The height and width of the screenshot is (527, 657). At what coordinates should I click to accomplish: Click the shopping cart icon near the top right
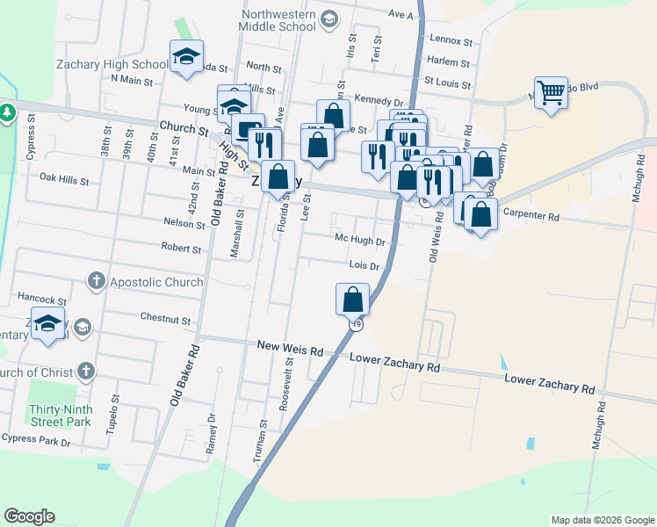551,91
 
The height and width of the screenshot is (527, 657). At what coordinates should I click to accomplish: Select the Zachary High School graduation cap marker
186,57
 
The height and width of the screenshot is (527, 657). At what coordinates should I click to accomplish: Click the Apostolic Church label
156,282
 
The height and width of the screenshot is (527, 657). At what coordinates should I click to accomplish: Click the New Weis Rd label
290,348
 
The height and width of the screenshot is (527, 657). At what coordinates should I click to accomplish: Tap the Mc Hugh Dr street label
360,240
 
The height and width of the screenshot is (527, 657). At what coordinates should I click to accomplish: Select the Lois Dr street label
364,265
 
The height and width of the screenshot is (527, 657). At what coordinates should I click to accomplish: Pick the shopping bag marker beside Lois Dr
352,299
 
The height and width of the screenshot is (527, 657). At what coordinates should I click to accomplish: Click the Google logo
29,516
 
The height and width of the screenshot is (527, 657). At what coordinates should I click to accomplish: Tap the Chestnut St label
166,315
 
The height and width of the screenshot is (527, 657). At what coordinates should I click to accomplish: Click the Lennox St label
451,40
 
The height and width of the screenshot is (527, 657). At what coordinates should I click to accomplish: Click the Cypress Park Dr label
35,439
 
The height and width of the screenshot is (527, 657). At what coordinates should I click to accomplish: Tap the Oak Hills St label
65,179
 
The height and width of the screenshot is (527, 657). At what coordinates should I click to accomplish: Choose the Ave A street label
400,15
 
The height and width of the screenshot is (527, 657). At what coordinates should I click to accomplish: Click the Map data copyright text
602,520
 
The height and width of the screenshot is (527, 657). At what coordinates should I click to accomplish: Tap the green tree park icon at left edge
6,112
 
